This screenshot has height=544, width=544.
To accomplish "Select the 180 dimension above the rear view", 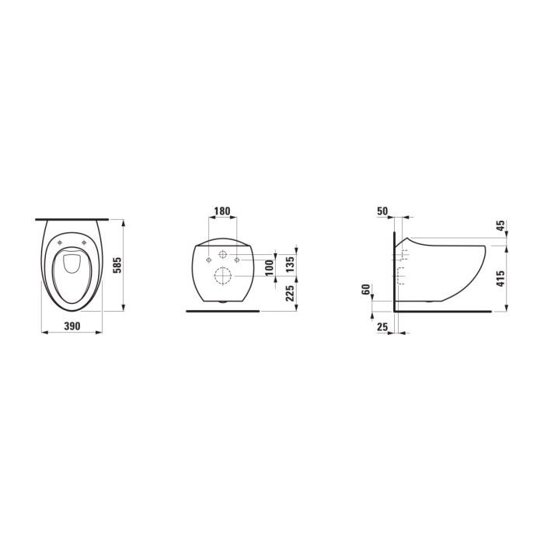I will pos(221,211).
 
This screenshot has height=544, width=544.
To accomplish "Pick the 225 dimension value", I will pos(288,294).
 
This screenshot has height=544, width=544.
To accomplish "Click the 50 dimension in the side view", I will pos(382,211).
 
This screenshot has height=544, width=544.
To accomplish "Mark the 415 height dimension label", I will pos(500,278).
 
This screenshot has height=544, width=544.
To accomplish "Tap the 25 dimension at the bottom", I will pos(382,328).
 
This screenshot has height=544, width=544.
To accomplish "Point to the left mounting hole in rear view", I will pos(208,260).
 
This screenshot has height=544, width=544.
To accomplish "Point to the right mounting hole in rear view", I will pos(236,260).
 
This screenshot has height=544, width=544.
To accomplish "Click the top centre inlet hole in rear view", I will pos(222,253).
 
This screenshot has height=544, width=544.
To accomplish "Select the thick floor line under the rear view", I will pos(222,311).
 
